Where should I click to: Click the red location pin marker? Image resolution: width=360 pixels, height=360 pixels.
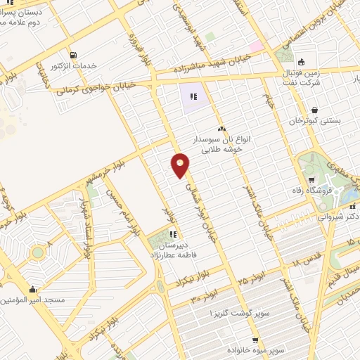(x=181, y=165)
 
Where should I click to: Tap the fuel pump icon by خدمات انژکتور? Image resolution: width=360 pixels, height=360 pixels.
(x=73, y=56)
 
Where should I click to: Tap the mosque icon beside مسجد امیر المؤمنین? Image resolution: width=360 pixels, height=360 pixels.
(x=32, y=290)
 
